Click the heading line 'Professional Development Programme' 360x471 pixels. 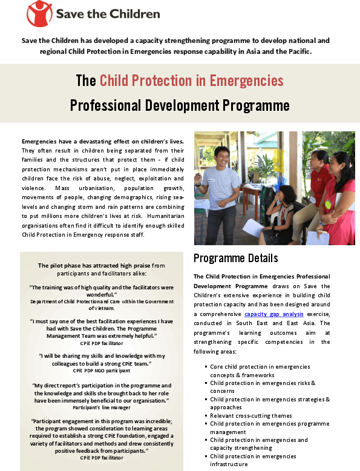180,105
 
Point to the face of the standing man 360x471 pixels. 220,156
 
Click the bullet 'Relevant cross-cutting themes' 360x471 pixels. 250,416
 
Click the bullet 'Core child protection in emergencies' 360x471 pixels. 260,367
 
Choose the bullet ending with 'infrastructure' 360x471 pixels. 229,464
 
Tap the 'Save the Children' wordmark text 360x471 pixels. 108,13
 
